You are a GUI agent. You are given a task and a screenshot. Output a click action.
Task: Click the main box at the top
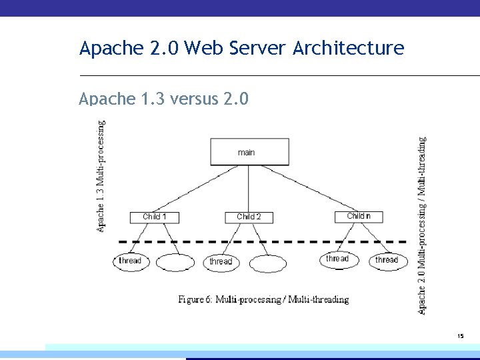click(249, 151)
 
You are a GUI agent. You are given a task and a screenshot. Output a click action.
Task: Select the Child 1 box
click(154, 217)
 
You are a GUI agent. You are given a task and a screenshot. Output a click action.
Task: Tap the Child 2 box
click(249, 217)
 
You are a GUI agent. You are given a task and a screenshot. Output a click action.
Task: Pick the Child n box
click(359, 216)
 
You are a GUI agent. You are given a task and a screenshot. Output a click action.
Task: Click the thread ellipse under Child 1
click(130, 261)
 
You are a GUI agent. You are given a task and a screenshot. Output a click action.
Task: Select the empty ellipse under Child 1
click(175, 262)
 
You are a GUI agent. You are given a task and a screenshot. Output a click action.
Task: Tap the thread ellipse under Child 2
click(221, 262)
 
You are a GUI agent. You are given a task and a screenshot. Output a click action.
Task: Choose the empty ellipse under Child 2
click(267, 263)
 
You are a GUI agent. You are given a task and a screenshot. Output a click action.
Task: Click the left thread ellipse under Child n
click(337, 259)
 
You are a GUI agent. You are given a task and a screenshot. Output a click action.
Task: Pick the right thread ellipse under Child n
click(387, 260)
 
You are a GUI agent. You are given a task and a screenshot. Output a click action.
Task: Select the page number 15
click(460, 337)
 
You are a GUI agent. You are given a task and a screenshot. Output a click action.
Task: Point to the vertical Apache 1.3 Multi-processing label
click(101, 176)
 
